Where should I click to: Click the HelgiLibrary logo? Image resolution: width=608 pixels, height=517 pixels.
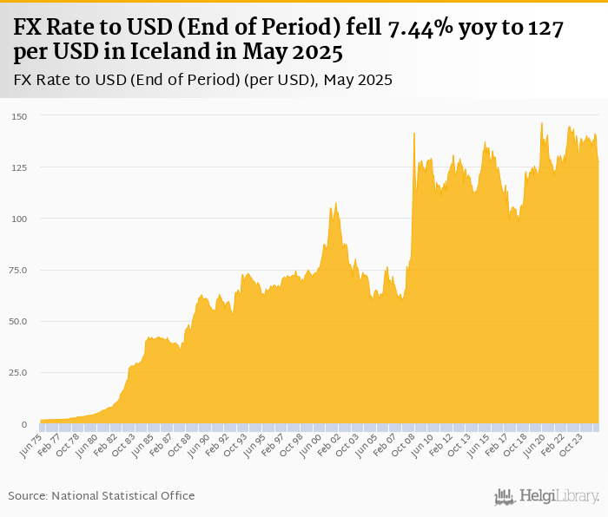[547, 496]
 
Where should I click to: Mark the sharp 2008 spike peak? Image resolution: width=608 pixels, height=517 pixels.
[414, 133]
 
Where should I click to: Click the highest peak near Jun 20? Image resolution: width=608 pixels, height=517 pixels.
[542, 123]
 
